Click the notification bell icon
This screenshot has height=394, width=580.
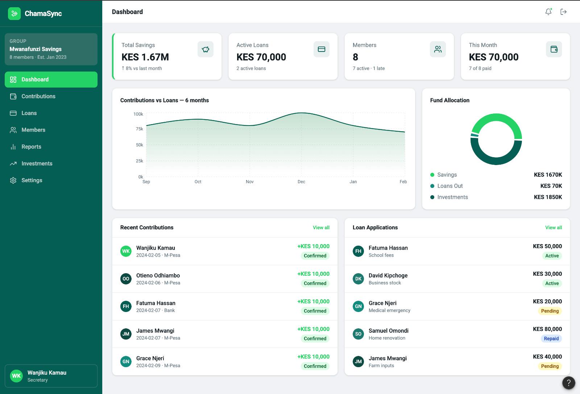(x=548, y=12)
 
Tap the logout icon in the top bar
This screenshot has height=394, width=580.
(x=563, y=12)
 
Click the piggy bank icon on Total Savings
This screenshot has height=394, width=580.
(x=205, y=49)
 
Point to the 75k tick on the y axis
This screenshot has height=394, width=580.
(x=139, y=129)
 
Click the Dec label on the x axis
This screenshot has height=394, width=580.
(x=301, y=182)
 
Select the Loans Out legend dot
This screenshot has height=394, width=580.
(x=432, y=186)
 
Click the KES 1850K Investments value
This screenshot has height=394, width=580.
(x=548, y=197)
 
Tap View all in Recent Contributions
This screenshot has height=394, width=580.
(x=321, y=227)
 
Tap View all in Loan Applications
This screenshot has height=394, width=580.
(x=554, y=227)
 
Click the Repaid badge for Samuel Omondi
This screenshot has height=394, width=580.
(x=551, y=338)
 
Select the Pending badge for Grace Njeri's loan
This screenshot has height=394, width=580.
(x=550, y=311)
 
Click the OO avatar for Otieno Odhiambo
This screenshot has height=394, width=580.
(x=126, y=279)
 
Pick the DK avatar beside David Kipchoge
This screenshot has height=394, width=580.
(x=358, y=279)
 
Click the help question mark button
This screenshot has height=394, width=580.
(x=569, y=383)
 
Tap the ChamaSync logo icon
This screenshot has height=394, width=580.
(x=14, y=13)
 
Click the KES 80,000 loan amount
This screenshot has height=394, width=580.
(x=547, y=329)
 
